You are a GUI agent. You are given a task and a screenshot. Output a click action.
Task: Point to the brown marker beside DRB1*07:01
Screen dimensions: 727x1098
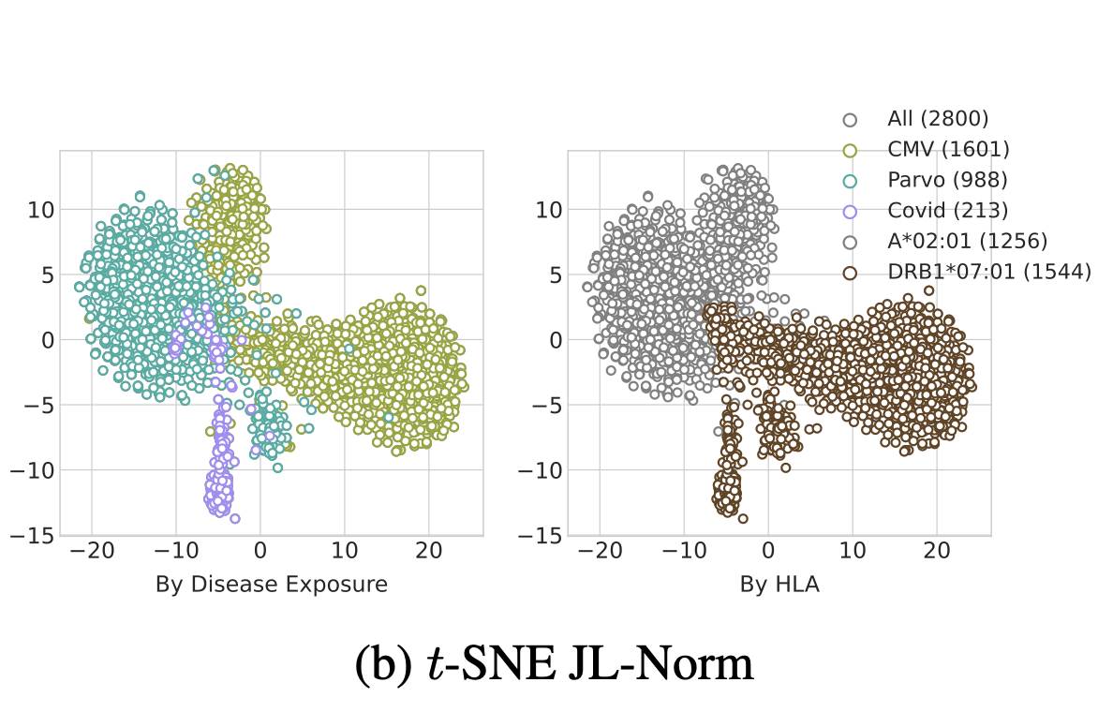click(850, 273)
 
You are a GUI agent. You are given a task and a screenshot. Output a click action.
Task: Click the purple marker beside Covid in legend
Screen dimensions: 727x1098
click(850, 211)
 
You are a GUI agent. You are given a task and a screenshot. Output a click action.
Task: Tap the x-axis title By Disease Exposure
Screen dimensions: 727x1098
click(272, 585)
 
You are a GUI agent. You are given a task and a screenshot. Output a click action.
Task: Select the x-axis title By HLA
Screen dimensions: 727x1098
click(779, 585)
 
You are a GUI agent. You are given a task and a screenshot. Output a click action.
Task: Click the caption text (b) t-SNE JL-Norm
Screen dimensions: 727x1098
click(555, 664)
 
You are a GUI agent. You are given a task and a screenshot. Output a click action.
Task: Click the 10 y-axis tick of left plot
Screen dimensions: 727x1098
click(39, 209)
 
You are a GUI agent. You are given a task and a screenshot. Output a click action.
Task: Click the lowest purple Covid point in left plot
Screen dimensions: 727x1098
click(235, 518)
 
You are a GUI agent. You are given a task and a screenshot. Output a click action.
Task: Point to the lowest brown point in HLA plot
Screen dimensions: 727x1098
click(743, 518)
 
